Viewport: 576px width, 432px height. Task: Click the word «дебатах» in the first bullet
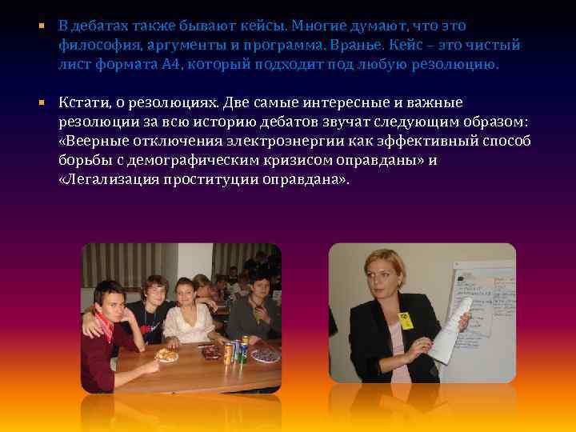[x=101, y=27]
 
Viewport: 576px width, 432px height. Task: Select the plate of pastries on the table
[x=167, y=354]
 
